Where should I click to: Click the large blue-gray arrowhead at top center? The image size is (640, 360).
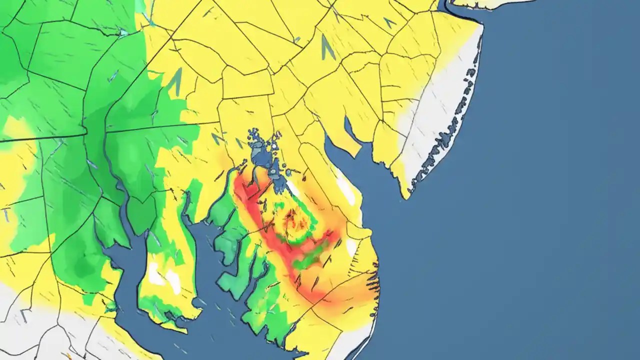point(327,47)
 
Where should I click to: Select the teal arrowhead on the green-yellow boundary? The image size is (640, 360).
point(175,82)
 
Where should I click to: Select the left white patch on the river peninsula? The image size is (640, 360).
point(155,274)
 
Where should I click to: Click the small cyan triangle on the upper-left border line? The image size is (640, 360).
point(123,32)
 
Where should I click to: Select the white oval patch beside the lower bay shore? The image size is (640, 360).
point(351,246)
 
